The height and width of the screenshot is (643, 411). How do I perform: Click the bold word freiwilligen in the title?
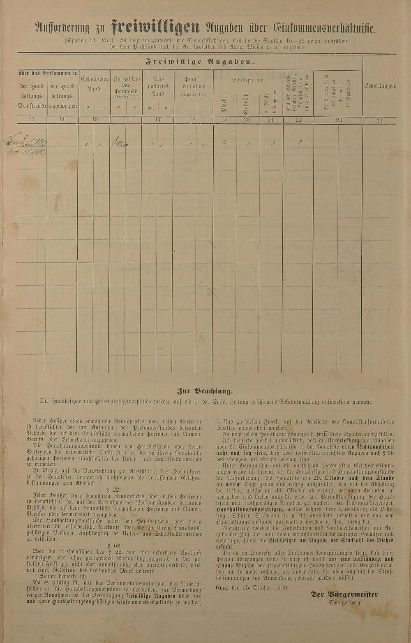156,28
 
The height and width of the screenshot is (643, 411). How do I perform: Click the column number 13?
32,120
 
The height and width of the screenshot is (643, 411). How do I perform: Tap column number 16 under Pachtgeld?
126,120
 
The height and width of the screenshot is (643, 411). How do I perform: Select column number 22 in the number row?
299,120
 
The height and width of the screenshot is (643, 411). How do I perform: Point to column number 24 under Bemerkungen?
379,120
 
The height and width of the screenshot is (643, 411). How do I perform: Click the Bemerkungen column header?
380,86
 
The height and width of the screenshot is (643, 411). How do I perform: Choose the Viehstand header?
247,81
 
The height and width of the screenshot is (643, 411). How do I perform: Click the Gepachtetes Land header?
94,83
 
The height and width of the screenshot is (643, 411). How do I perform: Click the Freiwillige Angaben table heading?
200,62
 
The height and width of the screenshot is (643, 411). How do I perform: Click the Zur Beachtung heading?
205,391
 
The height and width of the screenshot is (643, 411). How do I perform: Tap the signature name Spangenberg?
345,602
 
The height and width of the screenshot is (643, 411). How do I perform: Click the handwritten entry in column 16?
120,144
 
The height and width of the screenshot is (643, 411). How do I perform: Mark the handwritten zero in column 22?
300,142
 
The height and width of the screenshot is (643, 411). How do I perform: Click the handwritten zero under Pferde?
223,143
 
